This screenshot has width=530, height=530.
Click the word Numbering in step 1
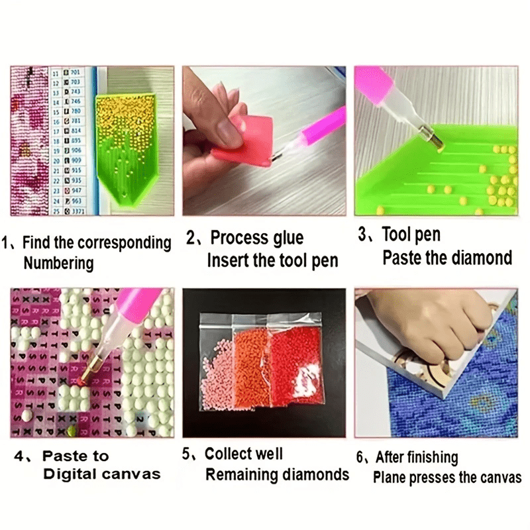pos(59,263)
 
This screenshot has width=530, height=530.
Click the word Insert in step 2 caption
pos(228,260)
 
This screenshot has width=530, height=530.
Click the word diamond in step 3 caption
pos(482,258)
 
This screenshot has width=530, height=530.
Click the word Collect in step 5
pos(229,454)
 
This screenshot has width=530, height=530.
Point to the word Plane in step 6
pos(390,477)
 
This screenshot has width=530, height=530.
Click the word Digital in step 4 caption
pos(71,474)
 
